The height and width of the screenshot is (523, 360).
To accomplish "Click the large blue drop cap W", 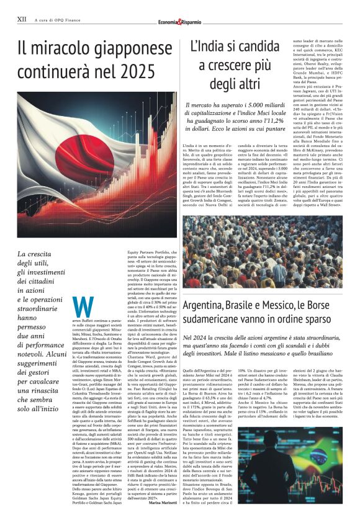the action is (x=83, y=306).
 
